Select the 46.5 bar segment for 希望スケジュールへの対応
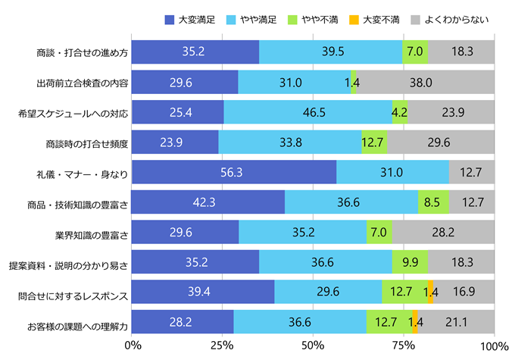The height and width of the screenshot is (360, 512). click(308, 112)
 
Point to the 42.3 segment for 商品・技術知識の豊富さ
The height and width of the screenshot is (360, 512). click(208, 202)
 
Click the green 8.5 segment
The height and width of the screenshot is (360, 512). click(433, 202)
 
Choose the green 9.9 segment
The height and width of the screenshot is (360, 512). click(410, 262)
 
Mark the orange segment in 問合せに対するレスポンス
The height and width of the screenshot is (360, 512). click(430, 293)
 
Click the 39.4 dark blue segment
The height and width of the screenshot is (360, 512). click(202, 293)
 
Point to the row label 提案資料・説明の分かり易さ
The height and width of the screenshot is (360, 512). click(75, 263)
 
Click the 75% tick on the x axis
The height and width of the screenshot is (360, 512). click(403, 345)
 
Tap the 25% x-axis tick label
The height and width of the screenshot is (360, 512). click(222, 345)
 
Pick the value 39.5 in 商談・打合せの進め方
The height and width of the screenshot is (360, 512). click(331, 52)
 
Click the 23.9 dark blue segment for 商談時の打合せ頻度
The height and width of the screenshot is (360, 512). click(175, 142)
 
